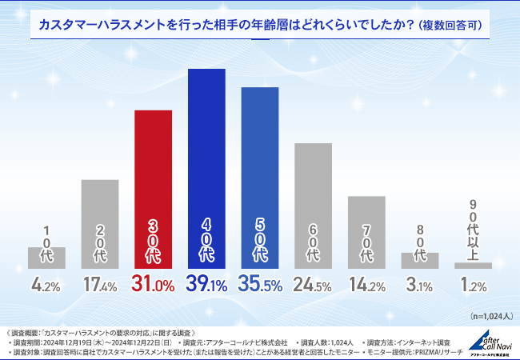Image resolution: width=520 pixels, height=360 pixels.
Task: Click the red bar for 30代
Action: point(153,189)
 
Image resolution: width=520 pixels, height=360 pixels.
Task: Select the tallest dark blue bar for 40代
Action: point(206,169)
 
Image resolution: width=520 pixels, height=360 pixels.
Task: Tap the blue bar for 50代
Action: point(260,178)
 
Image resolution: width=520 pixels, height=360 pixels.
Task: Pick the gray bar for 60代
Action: point(313,206)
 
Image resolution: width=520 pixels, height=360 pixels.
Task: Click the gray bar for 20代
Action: point(100,224)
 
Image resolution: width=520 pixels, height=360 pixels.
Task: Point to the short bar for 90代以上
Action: point(473,265)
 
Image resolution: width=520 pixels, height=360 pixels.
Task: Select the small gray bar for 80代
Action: point(420,260)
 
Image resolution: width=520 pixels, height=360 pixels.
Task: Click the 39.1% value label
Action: point(206,283)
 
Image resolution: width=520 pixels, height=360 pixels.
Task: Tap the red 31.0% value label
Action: point(153,283)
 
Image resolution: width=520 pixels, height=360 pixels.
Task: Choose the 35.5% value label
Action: point(260,283)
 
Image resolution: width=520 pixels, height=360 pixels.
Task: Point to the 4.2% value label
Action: point(46,283)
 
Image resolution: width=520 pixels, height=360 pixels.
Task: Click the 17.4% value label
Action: point(100,283)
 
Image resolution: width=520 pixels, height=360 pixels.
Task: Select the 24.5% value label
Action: point(313,283)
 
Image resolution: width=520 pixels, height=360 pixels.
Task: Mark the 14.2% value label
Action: point(366,283)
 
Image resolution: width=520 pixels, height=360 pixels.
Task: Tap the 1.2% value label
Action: point(473,283)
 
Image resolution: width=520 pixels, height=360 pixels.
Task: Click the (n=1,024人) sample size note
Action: point(488,315)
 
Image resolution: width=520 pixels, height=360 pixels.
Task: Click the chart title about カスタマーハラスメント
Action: point(260,25)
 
